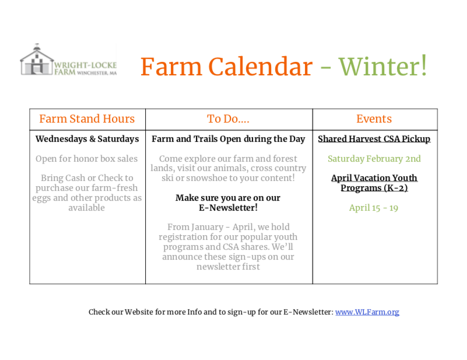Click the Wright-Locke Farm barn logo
tap(68, 60)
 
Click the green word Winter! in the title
tap(383, 66)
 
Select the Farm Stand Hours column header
tap(87, 118)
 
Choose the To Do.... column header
tap(228, 119)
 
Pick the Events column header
tap(374, 118)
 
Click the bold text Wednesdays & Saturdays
tap(87, 139)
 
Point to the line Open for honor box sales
tap(87, 159)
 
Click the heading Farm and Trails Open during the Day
tap(229, 139)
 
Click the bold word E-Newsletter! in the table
tap(228, 207)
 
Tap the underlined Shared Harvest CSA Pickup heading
tap(374, 139)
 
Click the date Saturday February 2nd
tap(374, 159)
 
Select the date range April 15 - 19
tap(374, 208)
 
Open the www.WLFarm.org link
tap(367, 312)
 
